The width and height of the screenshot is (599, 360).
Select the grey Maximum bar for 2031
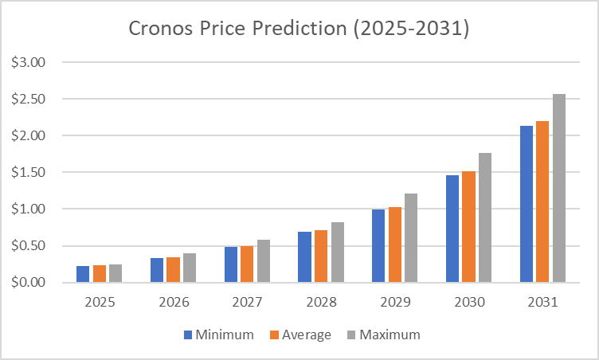click(559, 188)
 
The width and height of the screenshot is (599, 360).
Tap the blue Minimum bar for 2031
click(527, 204)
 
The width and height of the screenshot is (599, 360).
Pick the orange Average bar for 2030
click(469, 227)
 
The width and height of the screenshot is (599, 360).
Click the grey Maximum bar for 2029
click(411, 238)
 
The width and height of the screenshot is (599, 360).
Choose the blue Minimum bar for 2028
click(304, 256)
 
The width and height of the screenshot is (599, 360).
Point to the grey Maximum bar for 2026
click(190, 268)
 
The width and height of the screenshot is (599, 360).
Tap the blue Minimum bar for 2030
click(452, 229)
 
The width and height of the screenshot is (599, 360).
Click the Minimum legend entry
click(219, 335)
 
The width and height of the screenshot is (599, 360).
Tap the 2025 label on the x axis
click(99, 303)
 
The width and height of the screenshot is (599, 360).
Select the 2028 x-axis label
click(321, 303)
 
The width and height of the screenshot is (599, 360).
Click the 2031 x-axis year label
click(542, 303)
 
